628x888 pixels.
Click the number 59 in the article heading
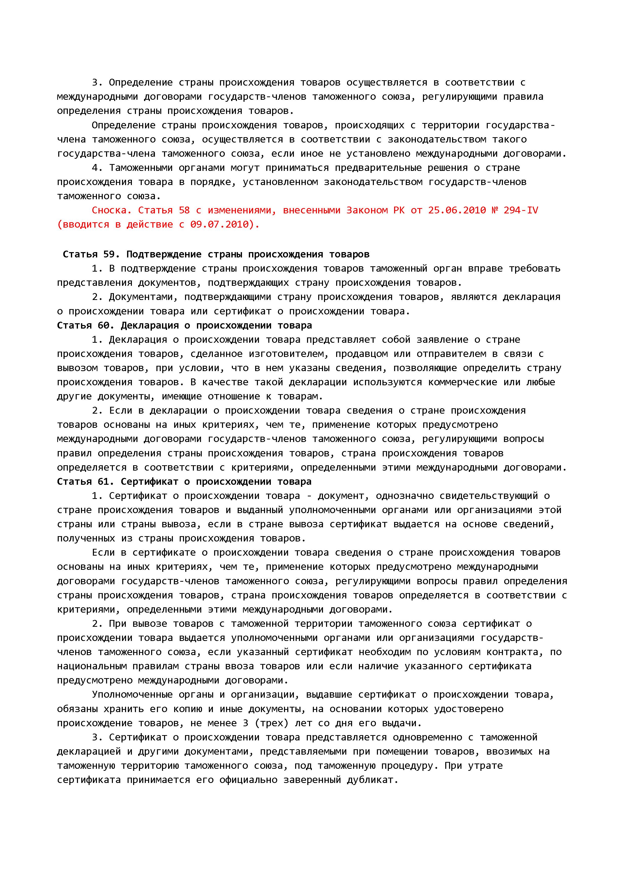coord(109,254)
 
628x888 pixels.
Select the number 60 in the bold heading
coord(104,326)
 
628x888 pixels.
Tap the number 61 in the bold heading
coord(103,482)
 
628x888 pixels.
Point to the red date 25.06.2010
coord(457,210)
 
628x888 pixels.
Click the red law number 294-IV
coord(520,210)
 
